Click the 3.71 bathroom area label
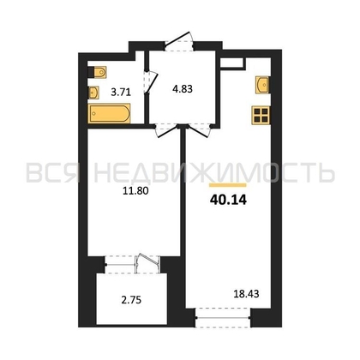tap(121, 93)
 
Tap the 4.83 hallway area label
tap(183, 89)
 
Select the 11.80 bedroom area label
tap(135, 190)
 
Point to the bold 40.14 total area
tap(228, 201)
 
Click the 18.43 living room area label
tap(246, 294)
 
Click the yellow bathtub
tap(109, 113)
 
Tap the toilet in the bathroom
tap(98, 72)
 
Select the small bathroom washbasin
tap(93, 93)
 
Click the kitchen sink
tap(262, 85)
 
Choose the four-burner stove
tap(261, 115)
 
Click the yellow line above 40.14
tap(228, 185)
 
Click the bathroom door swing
tap(151, 81)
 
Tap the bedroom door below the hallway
tap(166, 130)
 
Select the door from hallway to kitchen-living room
tap(198, 130)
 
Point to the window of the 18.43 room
tap(223, 317)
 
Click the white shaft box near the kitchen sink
tap(233, 63)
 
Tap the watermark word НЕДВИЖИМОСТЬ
tap(214, 172)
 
